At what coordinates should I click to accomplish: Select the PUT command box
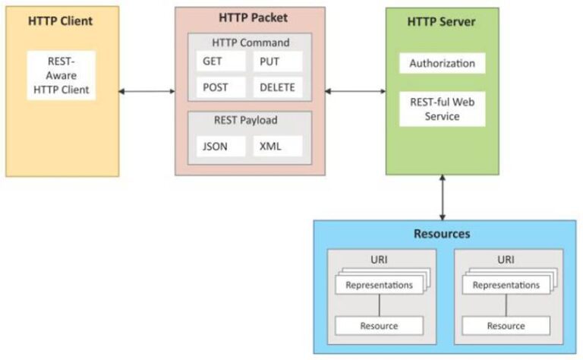click(278, 62)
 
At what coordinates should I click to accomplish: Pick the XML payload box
click(278, 146)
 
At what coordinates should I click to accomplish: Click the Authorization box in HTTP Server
click(442, 63)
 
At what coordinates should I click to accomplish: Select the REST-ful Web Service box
click(442, 109)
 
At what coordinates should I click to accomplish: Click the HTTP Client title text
click(62, 21)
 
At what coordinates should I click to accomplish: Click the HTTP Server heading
click(442, 21)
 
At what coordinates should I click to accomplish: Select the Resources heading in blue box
click(442, 233)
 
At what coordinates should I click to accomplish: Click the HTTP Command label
click(250, 43)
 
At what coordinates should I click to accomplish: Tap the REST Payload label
click(250, 120)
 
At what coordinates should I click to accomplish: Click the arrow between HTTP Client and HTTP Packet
click(147, 92)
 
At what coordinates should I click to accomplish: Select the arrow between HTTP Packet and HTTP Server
click(355, 92)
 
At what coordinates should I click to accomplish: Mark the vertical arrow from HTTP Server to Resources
click(442, 197)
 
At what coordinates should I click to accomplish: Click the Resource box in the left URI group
click(379, 326)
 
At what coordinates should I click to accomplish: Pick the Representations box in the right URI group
click(506, 286)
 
